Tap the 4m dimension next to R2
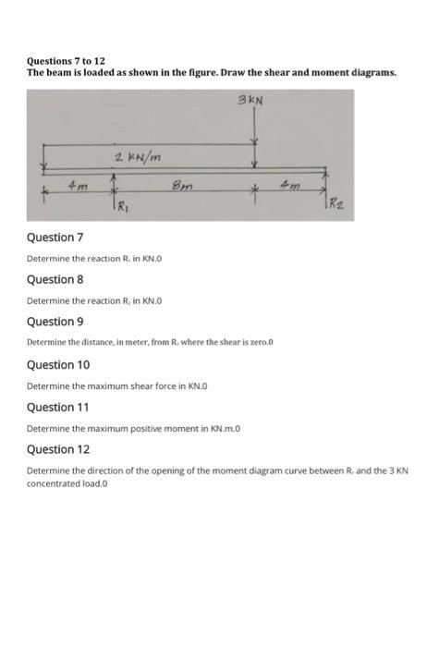point(291,187)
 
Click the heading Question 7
point(55,238)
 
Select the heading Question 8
point(55,279)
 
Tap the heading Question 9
point(55,322)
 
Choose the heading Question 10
point(57,364)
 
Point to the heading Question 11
point(57,407)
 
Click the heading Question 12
point(57,449)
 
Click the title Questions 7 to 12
point(66,60)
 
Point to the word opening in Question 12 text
point(147,470)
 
